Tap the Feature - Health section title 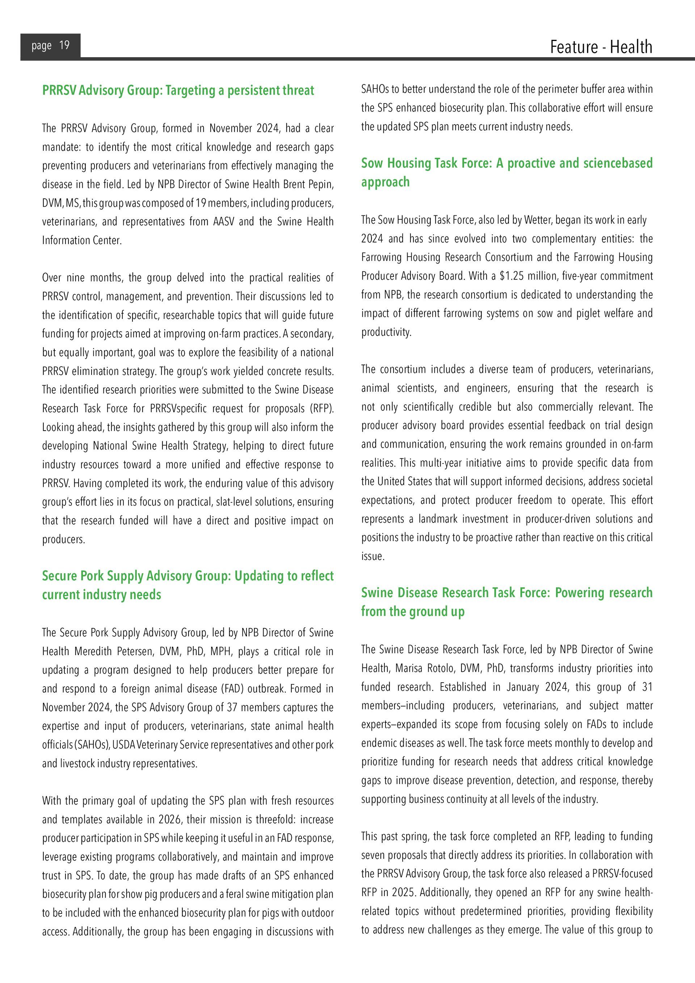[x=601, y=47]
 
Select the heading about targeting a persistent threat [x=178, y=90]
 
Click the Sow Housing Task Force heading [x=506, y=172]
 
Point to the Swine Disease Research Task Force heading [x=506, y=602]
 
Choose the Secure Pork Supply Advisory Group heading [x=188, y=585]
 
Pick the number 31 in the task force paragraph [x=647, y=687]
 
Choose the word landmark [x=438, y=519]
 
